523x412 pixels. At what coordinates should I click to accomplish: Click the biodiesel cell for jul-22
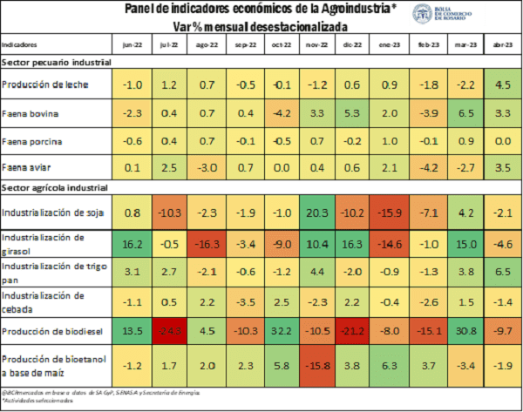[170, 331]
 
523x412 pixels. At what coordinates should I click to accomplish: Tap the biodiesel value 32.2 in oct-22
[282, 331]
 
